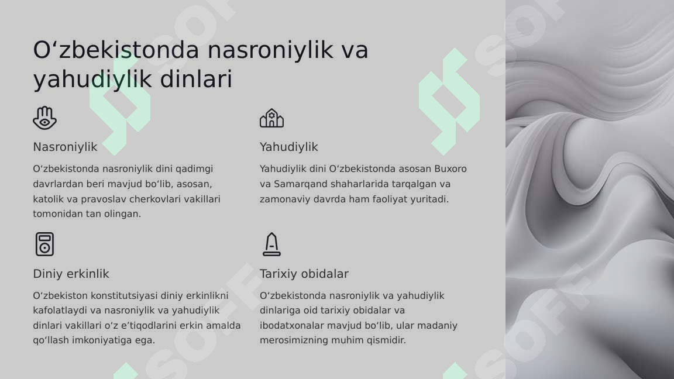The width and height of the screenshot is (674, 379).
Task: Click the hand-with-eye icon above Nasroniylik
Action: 44,118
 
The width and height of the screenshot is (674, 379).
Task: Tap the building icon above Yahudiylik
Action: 271,118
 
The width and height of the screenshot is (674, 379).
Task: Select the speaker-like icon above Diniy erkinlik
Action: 44,244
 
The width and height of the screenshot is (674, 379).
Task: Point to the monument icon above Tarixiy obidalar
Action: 271,244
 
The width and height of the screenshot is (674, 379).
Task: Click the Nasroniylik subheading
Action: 65,147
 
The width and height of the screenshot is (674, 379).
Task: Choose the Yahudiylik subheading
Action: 289,147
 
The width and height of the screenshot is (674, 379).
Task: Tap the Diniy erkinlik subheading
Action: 71,274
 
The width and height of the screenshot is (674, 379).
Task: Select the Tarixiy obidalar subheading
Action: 304,274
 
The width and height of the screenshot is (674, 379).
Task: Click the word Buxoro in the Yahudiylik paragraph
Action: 450,169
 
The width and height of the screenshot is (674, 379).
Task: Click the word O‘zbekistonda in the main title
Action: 116,50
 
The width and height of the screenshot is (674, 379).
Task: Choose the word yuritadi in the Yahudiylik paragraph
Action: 429,199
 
